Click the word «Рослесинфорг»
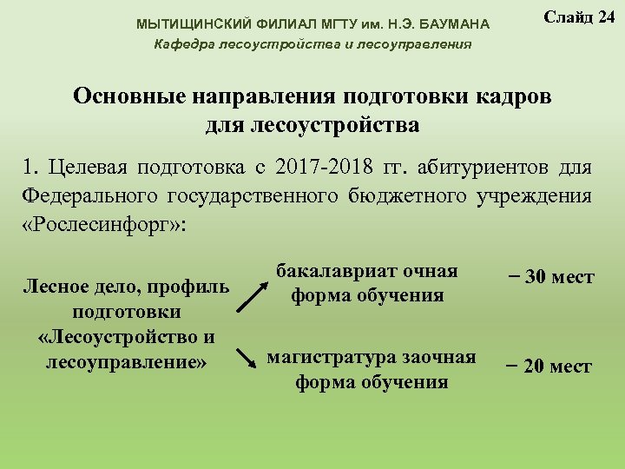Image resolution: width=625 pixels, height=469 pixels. point(102,223)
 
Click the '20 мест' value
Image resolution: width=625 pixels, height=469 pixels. point(549,367)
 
